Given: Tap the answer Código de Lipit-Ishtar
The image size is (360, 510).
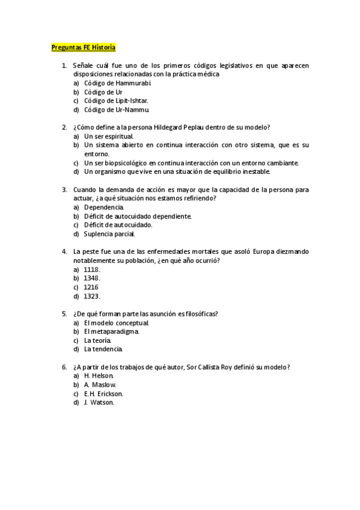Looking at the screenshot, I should (x=116, y=101).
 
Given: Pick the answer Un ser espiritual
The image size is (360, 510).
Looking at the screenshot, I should (x=109, y=137).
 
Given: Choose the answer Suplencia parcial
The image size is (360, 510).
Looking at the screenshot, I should (x=109, y=234).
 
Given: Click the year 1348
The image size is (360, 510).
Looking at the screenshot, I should (x=92, y=278).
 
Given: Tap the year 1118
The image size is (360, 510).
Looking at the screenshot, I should (x=92, y=269).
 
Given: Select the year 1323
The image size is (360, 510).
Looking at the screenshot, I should (x=92, y=296).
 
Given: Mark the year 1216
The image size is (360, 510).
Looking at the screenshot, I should (x=91, y=287).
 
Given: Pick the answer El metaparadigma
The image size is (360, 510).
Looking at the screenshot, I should (x=112, y=331).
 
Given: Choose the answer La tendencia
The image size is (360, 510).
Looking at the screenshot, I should (x=103, y=349).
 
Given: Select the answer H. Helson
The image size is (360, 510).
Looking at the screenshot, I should (x=100, y=376).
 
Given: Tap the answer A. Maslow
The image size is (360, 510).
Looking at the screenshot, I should (x=100, y=385).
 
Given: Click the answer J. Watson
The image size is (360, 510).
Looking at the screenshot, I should (x=99, y=402).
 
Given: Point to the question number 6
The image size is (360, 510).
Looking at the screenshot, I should (x=64, y=367).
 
